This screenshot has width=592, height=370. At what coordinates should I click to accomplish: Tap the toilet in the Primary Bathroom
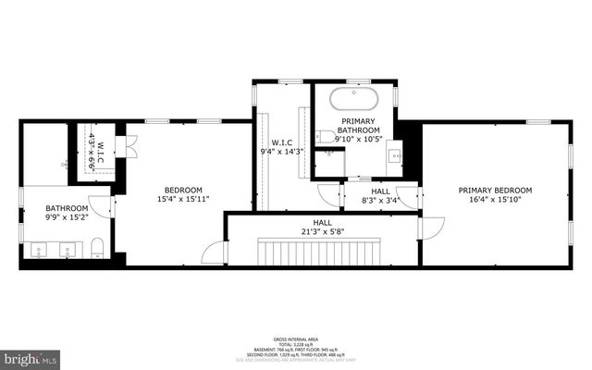click(327, 138)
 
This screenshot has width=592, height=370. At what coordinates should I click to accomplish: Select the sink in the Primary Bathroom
click(394, 156)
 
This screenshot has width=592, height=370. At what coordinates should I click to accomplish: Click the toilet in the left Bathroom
click(97, 247)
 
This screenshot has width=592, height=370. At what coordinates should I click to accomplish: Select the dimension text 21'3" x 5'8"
click(322, 231)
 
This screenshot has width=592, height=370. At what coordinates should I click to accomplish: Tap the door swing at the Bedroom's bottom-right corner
click(215, 252)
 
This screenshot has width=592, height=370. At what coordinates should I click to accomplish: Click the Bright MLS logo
click(30, 357)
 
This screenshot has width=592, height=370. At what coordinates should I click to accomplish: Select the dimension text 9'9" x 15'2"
click(66, 219)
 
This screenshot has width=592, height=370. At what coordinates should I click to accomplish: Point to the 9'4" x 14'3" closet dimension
click(282, 151)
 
